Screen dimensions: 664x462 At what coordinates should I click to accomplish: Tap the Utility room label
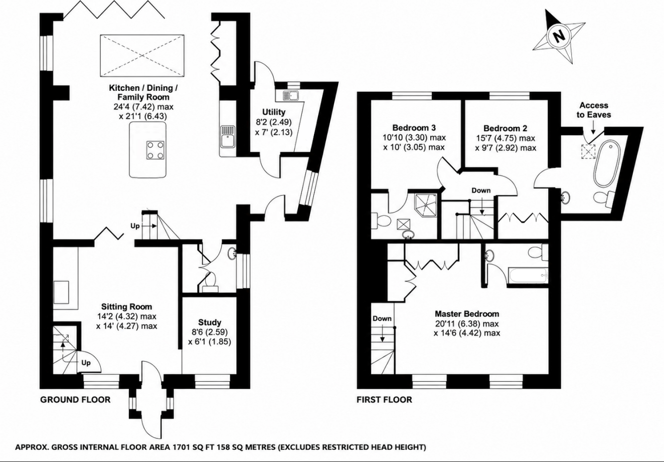274,112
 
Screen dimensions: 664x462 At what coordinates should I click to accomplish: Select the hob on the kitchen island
155,150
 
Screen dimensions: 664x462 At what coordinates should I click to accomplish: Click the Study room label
210,322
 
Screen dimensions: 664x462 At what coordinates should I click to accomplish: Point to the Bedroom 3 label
414,128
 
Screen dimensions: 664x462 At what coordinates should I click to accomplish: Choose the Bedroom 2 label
506,129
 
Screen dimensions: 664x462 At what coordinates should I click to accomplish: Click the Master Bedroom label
467,314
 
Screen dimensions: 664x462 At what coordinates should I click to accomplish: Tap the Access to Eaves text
594,110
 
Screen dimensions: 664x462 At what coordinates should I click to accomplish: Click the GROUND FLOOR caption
75,400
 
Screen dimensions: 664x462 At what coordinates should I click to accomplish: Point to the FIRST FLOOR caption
384,400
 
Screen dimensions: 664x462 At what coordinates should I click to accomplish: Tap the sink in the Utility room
291,96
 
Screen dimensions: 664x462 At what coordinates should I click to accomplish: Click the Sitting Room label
126,307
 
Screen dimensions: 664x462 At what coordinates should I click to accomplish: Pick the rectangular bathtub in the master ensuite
528,276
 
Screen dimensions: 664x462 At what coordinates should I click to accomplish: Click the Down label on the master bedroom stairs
382,319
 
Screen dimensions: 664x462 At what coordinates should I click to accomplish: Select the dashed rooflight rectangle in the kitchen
142,56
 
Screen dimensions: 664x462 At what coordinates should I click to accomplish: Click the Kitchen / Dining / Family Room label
143,92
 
